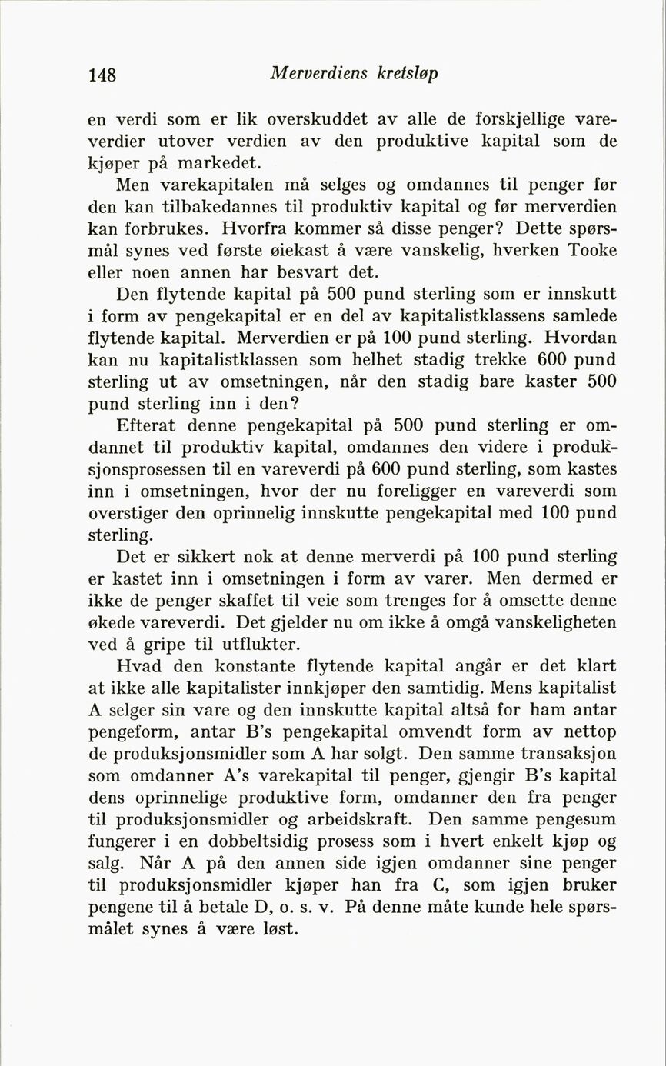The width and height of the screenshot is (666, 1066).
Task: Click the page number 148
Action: (102, 75)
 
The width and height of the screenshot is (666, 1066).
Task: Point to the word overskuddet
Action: (316, 120)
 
